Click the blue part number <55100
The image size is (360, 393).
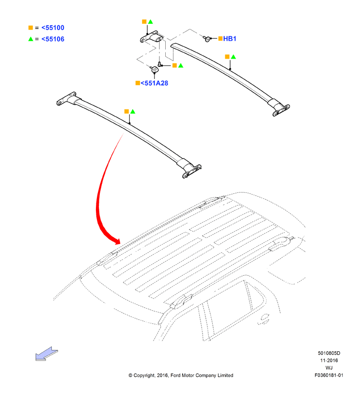[x=53, y=28]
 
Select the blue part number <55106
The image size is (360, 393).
[x=53, y=39]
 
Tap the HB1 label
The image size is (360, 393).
[x=230, y=39]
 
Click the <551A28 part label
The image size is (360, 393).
[x=155, y=83]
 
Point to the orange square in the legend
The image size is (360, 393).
[x=31, y=28]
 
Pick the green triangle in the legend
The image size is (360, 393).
[x=31, y=39]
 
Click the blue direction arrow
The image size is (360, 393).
[x=47, y=354]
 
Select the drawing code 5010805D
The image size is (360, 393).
[x=329, y=353]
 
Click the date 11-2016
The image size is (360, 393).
[x=329, y=361]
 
